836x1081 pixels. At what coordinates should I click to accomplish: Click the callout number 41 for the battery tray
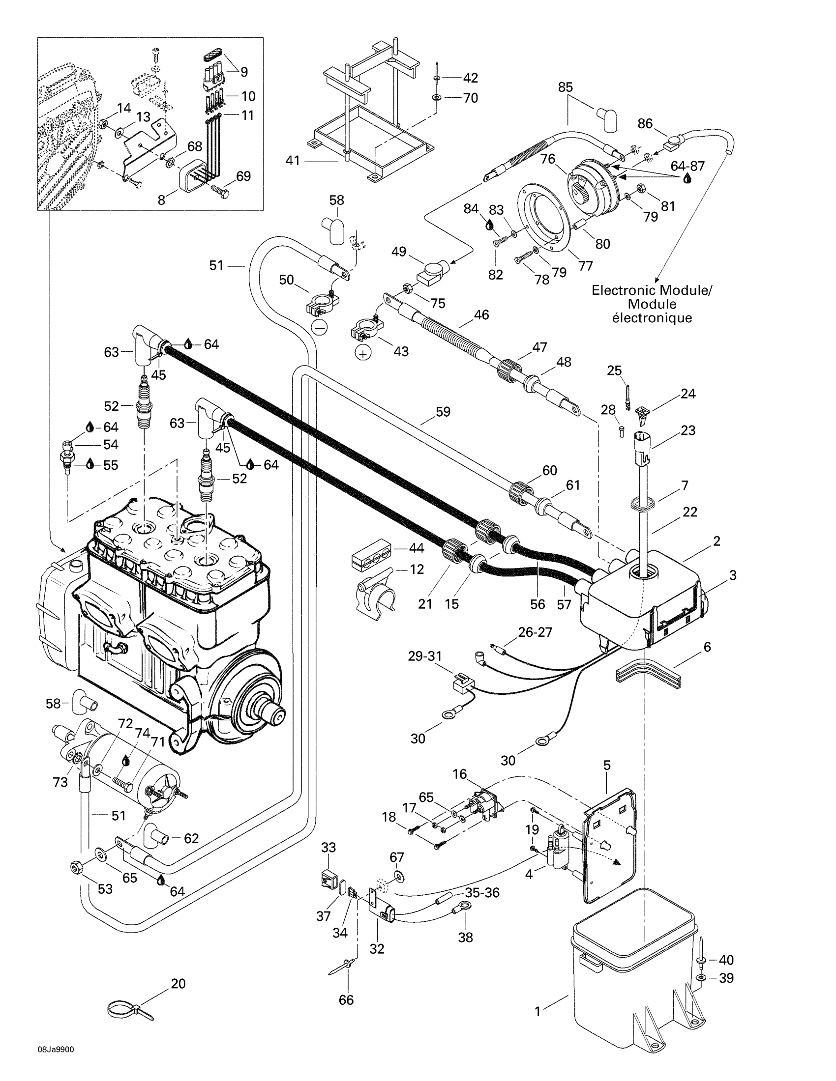coord(293,161)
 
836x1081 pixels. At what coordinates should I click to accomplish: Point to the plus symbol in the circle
coord(363,354)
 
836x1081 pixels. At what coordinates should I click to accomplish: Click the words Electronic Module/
coord(651,290)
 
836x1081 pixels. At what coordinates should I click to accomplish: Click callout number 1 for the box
coord(538,1012)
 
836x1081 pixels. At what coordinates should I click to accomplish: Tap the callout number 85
coord(565,87)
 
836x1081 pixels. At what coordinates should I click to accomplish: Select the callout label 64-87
coord(687,166)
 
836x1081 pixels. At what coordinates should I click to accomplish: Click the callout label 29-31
coord(425,656)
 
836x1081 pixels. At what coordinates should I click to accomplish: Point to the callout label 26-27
coord(535,632)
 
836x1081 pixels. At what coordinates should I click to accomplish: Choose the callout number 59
coord(443,412)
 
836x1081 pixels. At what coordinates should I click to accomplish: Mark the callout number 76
coord(548,159)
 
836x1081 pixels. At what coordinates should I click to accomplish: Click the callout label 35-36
coord(482,892)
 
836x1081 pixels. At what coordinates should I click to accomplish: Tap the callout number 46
coord(481,315)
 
